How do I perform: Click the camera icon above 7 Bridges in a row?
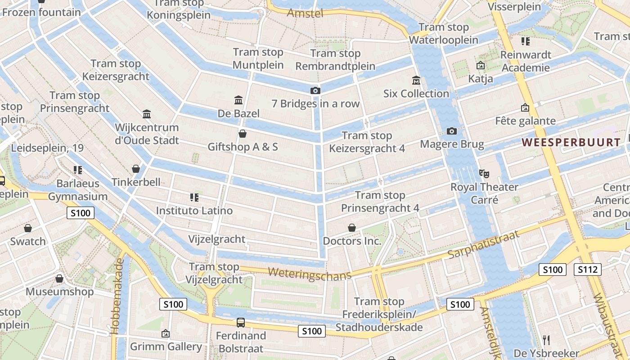(x=315, y=91)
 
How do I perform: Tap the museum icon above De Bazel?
(x=238, y=100)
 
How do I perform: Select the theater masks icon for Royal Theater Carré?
(x=484, y=173)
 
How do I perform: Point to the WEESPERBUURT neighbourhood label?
(x=571, y=143)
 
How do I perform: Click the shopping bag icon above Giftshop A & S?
(x=243, y=134)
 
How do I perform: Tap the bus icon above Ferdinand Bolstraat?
(x=241, y=323)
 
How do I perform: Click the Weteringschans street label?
(x=309, y=274)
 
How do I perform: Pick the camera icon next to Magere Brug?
(x=452, y=131)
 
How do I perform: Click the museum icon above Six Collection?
(x=416, y=81)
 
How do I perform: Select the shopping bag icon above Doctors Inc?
(x=352, y=228)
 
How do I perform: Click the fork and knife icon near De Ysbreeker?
(x=546, y=340)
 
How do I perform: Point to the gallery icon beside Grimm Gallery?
(x=166, y=334)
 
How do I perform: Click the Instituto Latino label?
(x=194, y=211)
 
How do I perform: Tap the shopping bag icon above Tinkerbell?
(x=136, y=169)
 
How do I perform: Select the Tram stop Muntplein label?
(x=258, y=58)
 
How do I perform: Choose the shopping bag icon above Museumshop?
(x=59, y=279)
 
